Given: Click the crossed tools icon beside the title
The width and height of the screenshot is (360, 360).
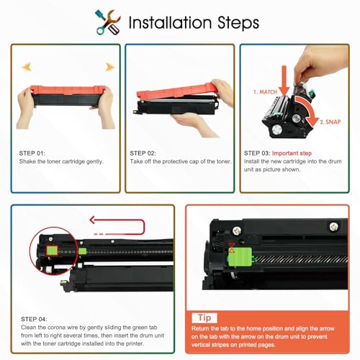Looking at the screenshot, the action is tap(108, 22).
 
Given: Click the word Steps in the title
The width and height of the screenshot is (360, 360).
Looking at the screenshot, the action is tap(238, 23).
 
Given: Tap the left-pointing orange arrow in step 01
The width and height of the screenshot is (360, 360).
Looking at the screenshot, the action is tap(27, 66).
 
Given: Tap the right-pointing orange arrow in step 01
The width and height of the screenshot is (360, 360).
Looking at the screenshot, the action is tap(110, 67).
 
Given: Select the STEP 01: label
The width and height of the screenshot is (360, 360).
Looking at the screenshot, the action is tap(32, 153).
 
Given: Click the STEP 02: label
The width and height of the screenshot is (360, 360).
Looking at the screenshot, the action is tap(143, 153).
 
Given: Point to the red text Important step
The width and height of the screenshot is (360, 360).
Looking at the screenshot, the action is tap(292, 153).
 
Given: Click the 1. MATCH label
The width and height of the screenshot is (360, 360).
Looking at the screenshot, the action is tap(265, 92).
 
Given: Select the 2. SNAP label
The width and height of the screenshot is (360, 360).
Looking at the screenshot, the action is tap(330, 122).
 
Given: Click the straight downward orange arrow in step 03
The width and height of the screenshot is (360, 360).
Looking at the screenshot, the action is tap(284, 81).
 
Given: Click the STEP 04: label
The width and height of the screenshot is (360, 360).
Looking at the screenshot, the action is tap(34, 319).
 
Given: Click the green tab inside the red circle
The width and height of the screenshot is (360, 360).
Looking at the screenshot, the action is tap(52, 251).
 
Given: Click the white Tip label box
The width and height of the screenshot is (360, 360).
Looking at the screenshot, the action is tap(204, 318).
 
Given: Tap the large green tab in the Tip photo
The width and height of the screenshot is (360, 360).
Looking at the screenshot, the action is tap(240, 257).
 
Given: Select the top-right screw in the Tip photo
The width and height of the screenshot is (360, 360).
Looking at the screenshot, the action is tap(334, 226).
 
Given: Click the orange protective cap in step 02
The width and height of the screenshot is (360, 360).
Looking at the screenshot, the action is tap(176, 91).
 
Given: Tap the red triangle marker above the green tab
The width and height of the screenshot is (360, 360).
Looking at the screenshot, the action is tap(232, 245).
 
